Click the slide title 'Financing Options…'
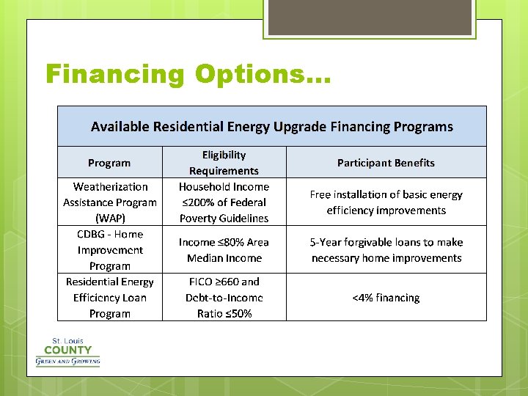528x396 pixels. (188, 74)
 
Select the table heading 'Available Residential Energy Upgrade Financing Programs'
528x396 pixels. (272, 127)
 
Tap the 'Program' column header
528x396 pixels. (109, 163)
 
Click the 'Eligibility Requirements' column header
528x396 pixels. (224, 163)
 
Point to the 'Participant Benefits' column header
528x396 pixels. (386, 163)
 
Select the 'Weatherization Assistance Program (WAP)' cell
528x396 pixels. (110, 202)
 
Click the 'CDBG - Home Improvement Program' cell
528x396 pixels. (110, 250)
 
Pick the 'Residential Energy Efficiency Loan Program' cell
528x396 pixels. (110, 298)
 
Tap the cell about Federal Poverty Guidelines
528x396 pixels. (224, 202)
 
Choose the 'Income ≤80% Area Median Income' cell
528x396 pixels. (224, 250)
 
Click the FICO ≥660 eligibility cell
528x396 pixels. (224, 298)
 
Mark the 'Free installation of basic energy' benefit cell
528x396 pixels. (386, 202)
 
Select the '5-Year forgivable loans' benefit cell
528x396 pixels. (386, 250)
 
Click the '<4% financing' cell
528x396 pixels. (386, 298)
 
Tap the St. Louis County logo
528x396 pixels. (67, 352)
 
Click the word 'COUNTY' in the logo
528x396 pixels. (67, 350)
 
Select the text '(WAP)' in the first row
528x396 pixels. (110, 219)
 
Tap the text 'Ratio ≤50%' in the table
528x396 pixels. (224, 314)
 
